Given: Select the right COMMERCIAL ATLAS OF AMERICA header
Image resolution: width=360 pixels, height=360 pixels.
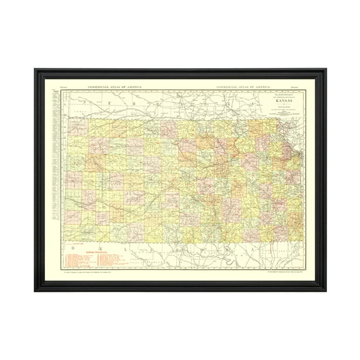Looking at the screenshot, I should [243, 86].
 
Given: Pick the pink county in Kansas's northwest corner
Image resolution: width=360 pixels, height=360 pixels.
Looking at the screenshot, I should [78, 127].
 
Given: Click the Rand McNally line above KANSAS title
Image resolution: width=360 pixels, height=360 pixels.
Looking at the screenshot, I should [261, 94].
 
